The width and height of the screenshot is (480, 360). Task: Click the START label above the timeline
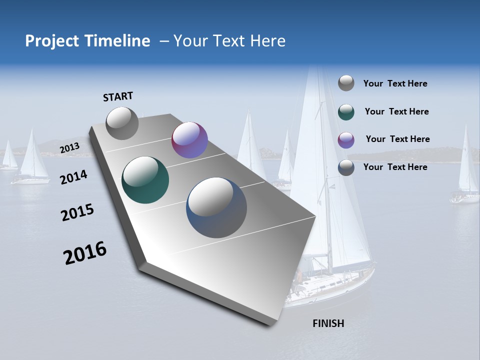pyautogui.click(x=118, y=96)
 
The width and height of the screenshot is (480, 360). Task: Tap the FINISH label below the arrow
pyautogui.click(x=328, y=323)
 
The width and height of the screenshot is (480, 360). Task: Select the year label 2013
pyautogui.click(x=69, y=148)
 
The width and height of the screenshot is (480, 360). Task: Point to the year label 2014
pyautogui.click(x=73, y=177)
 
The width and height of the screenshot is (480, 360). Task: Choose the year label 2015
pyautogui.click(x=77, y=213)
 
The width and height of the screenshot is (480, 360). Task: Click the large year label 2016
pyautogui.click(x=85, y=253)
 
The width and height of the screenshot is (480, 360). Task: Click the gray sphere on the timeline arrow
pyautogui.click(x=122, y=123)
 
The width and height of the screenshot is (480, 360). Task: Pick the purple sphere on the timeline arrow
pyautogui.click(x=189, y=140)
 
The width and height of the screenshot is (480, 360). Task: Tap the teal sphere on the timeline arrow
pyautogui.click(x=145, y=180)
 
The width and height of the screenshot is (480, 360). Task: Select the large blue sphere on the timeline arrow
pyautogui.click(x=216, y=207)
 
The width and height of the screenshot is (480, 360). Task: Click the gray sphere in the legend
pyautogui.click(x=346, y=83)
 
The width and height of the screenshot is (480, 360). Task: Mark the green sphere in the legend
pyautogui.click(x=346, y=111)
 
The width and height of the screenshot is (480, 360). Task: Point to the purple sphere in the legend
pyautogui.click(x=346, y=139)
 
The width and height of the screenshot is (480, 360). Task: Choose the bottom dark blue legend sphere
pyautogui.click(x=346, y=167)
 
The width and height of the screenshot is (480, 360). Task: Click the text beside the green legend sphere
pyautogui.click(x=396, y=111)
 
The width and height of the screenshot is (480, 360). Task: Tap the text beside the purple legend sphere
pyautogui.click(x=397, y=139)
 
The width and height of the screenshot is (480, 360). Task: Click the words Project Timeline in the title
pyautogui.click(x=87, y=41)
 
